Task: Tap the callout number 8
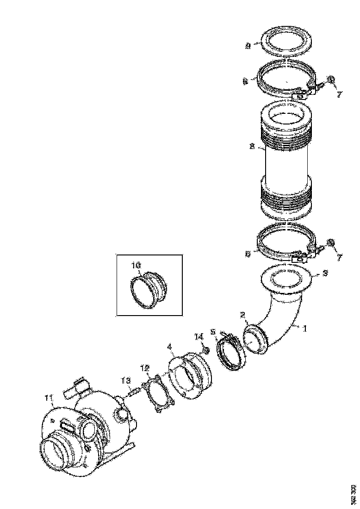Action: [251, 146]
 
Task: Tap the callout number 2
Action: [242, 315]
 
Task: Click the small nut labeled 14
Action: [206, 349]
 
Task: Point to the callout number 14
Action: [199, 336]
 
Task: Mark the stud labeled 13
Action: [132, 391]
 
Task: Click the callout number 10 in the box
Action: [136, 265]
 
